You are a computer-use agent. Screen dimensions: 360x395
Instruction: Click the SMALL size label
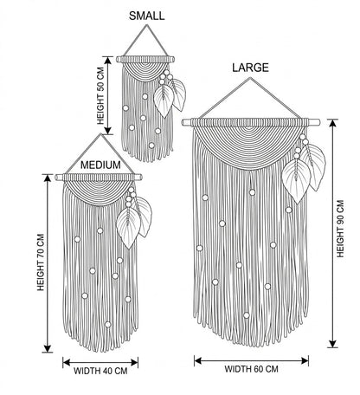tap(146, 16)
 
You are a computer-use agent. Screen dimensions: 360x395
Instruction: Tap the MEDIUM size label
tap(100, 165)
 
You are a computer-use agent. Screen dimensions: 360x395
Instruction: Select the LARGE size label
tap(250, 68)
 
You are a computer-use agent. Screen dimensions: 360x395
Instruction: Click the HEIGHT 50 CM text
tap(100, 96)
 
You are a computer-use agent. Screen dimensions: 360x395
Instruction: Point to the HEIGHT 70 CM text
tap(41, 262)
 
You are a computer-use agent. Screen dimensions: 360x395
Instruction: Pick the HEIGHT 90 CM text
tap(340, 229)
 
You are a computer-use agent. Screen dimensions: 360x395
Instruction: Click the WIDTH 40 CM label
tap(100, 371)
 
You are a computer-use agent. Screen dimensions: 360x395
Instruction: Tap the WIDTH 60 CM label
tap(251, 369)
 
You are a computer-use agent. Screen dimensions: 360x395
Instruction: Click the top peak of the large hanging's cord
tap(250, 78)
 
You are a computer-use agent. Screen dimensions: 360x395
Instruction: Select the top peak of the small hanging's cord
tap(147, 25)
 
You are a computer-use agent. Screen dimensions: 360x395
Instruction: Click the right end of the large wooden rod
tap(318, 122)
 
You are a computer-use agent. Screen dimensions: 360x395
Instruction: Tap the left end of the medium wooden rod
tap(56, 178)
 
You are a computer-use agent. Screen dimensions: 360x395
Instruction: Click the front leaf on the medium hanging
tap(128, 228)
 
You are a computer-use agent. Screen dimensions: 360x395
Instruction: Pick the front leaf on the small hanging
tap(164, 100)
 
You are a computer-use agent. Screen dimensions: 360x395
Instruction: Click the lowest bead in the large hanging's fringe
tap(246, 315)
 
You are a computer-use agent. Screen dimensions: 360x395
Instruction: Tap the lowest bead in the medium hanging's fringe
tap(107, 325)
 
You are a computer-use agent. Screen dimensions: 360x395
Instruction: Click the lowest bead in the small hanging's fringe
tap(151, 146)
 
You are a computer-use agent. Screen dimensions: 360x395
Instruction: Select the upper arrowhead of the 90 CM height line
tap(333, 123)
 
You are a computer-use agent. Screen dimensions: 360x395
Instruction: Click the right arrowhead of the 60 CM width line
tap(305, 360)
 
